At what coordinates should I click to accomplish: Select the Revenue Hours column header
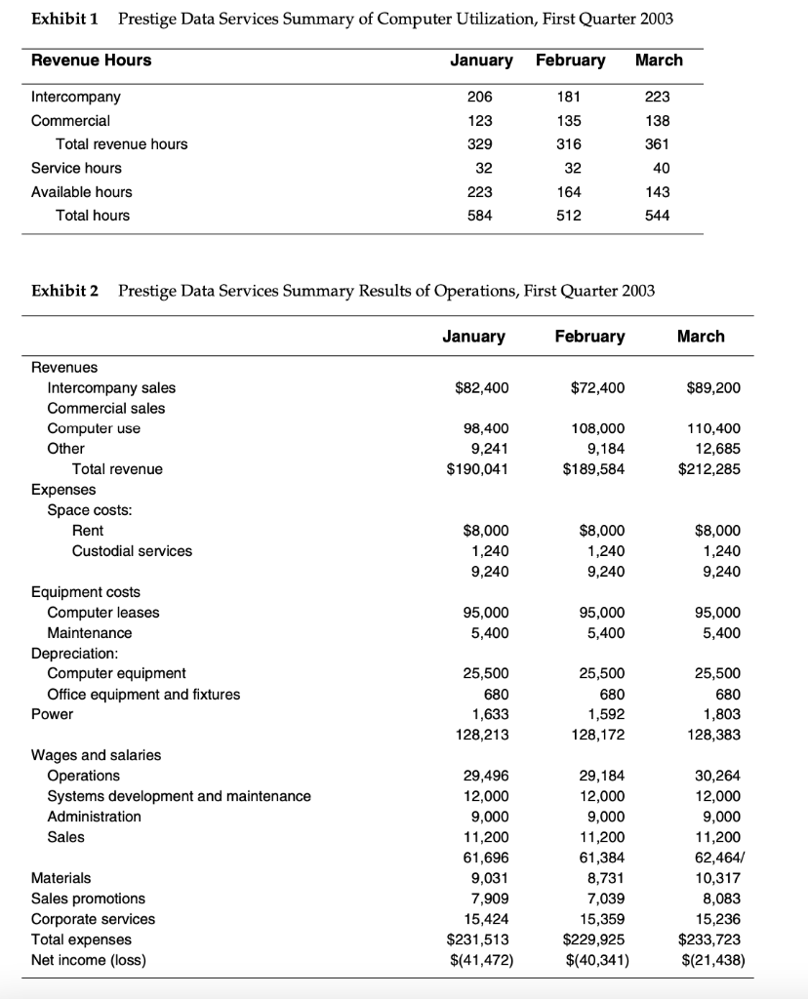click(91, 60)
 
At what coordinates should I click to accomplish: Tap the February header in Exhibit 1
click(570, 60)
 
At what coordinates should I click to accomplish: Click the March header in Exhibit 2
click(700, 337)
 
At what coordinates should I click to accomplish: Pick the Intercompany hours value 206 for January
click(480, 98)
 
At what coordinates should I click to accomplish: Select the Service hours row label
click(76, 168)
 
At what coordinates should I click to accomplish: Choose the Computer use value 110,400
click(714, 429)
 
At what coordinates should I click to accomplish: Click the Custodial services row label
click(132, 551)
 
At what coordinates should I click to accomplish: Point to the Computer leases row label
click(102, 613)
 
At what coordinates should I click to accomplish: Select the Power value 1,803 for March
click(721, 714)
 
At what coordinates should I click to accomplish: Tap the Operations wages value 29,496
click(487, 776)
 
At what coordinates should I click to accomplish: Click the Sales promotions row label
click(88, 899)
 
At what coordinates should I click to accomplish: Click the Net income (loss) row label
click(88, 960)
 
